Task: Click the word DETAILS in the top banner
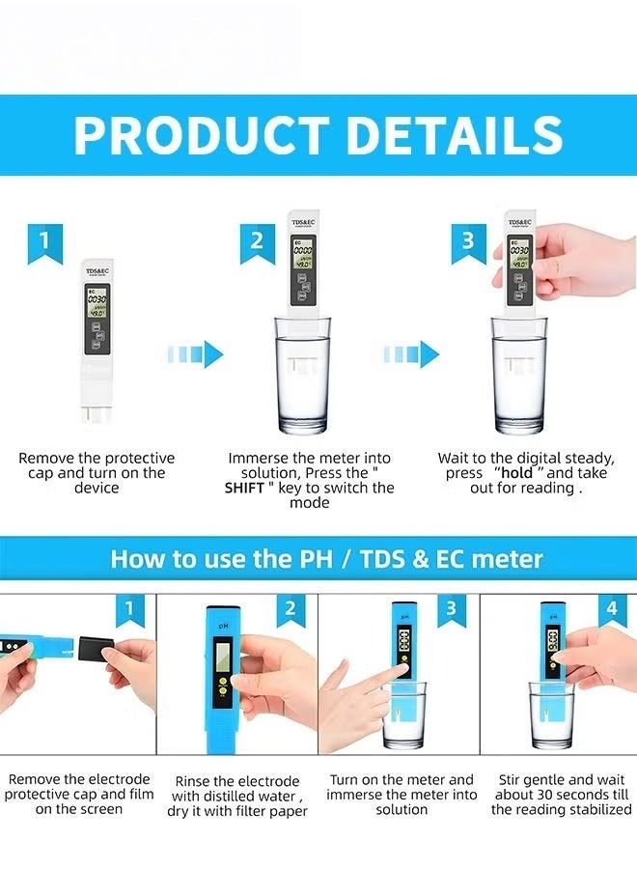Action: (455, 136)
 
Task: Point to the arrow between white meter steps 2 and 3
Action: (410, 354)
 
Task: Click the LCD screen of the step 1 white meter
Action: (97, 304)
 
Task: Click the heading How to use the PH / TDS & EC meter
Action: (326, 558)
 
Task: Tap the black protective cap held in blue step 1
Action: (96, 652)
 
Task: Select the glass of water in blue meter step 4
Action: (551, 715)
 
